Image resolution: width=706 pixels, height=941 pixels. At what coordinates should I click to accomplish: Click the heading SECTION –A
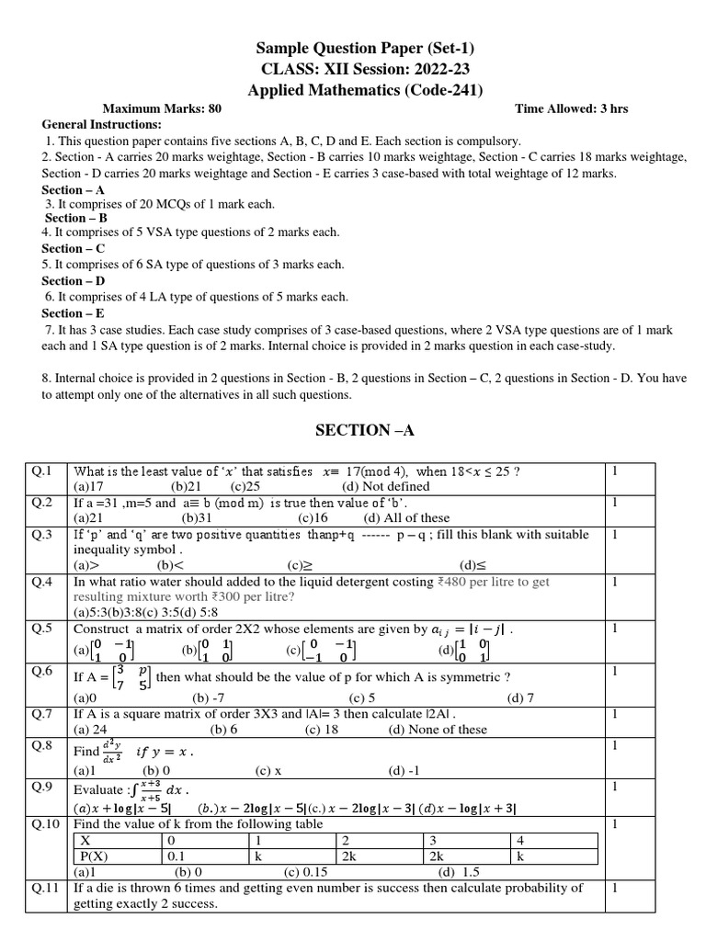(352, 430)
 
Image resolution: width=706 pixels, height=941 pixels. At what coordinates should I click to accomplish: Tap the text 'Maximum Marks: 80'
(162, 108)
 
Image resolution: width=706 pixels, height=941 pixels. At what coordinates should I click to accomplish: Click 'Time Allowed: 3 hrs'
(571, 108)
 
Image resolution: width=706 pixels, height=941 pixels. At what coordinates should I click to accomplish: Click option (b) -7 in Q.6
(209, 697)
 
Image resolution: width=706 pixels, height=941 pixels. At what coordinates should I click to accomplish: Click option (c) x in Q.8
(268, 770)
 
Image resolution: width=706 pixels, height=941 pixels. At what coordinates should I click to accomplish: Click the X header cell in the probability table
(86, 841)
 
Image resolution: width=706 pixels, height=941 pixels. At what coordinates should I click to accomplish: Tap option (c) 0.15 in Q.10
(306, 871)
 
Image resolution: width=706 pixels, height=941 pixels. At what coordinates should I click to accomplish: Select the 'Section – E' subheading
(74, 313)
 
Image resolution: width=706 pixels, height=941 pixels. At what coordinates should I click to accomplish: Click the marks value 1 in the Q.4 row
(614, 582)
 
